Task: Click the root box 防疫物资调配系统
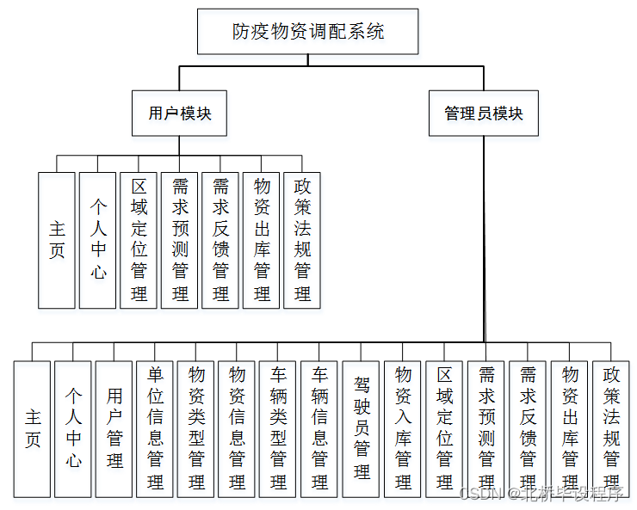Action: (308, 32)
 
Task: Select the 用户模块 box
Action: (179, 113)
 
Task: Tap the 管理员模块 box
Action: (483, 113)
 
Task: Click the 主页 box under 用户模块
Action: (57, 240)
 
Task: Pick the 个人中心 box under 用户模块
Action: (98, 240)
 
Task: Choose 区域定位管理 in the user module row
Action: (139, 240)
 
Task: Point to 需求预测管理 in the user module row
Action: (180, 240)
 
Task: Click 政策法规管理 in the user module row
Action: (302, 240)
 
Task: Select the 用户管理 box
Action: (114, 428)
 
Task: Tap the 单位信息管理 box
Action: (155, 428)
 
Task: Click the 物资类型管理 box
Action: (196, 428)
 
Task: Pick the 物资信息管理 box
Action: (237, 428)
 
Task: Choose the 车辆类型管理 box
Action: (278, 428)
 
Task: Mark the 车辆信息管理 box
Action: (319, 428)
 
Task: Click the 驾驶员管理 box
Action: (361, 428)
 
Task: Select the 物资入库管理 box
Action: (402, 428)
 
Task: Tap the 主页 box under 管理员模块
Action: (33, 428)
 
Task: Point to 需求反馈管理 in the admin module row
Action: (528, 428)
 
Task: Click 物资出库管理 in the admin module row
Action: (569, 428)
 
